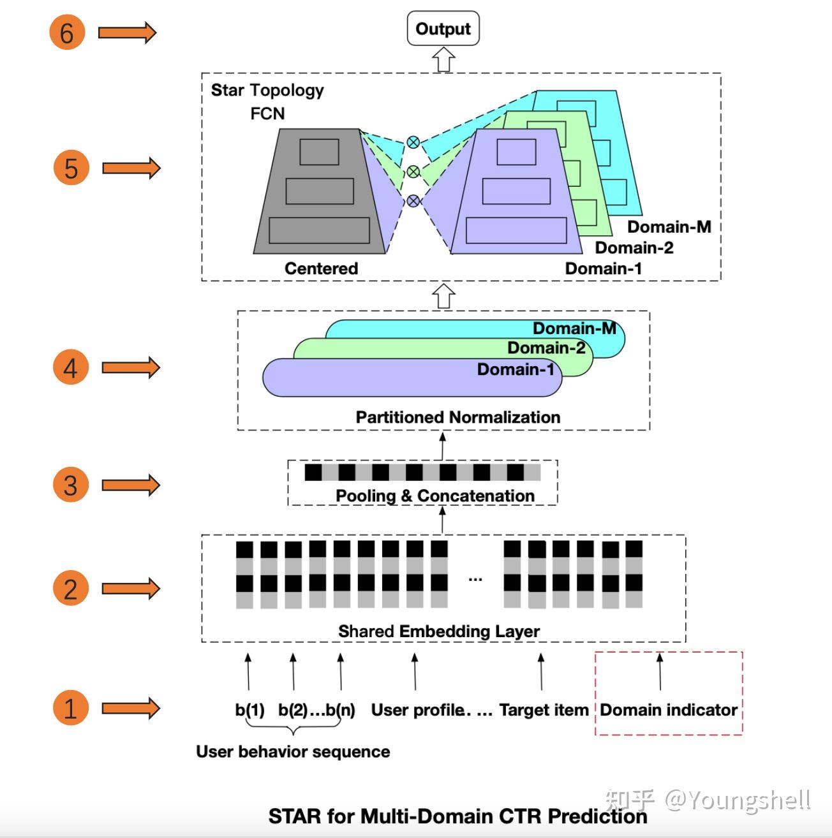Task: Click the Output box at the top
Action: pos(443,29)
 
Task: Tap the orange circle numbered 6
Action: pos(66,33)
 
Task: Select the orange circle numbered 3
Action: pos(70,485)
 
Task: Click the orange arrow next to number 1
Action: pos(131,708)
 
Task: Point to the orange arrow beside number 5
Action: pos(131,168)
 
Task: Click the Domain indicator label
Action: pos(668,710)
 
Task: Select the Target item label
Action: pos(544,710)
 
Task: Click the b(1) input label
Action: pos(249,710)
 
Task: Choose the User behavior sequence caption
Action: pos(293,752)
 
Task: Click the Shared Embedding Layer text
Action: pos(439,631)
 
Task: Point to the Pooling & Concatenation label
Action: pos(435,496)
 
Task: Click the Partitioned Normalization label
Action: pos(457,417)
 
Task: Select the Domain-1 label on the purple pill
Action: pos(516,369)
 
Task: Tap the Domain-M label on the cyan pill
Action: pos(574,328)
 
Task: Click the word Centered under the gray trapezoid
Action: pos(321,268)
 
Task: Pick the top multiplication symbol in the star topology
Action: pos(413,142)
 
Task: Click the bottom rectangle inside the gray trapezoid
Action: pos(319,230)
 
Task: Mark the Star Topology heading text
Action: pos(267,90)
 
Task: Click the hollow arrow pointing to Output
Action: pos(443,60)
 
